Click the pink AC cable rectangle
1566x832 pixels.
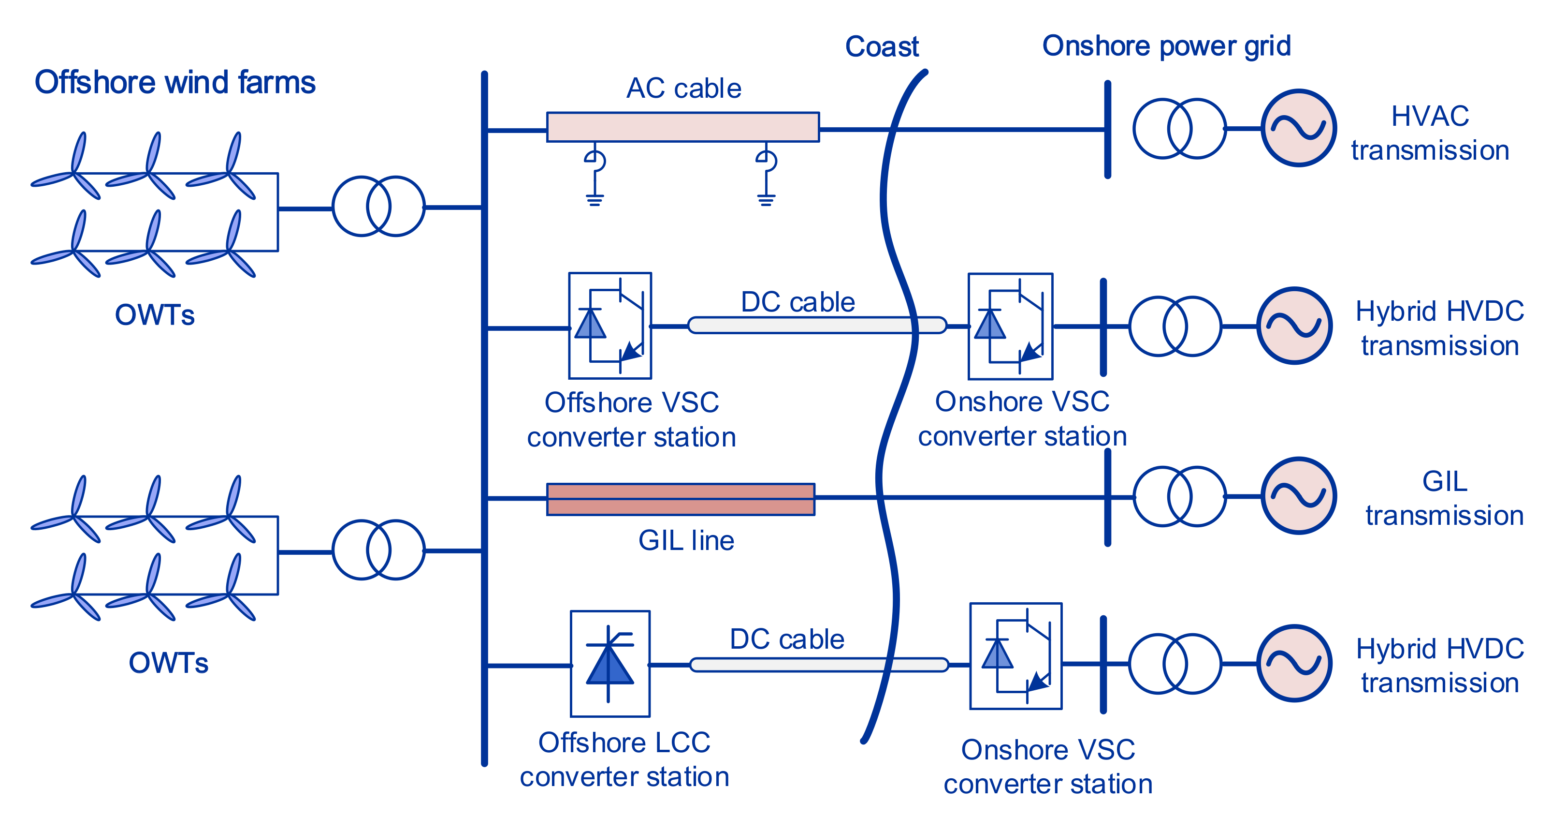682,127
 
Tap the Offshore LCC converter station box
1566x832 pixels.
610,664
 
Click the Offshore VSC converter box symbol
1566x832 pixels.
610,326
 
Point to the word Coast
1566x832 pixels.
882,47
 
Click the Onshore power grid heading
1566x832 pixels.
1166,46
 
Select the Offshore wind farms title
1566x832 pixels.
175,82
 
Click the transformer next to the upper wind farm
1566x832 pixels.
378,206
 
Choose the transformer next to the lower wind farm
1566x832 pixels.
378,550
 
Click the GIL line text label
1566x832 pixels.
686,540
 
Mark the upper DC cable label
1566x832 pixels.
797,302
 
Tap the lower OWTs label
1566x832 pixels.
168,662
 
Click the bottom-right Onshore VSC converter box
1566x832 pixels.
1015,656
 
